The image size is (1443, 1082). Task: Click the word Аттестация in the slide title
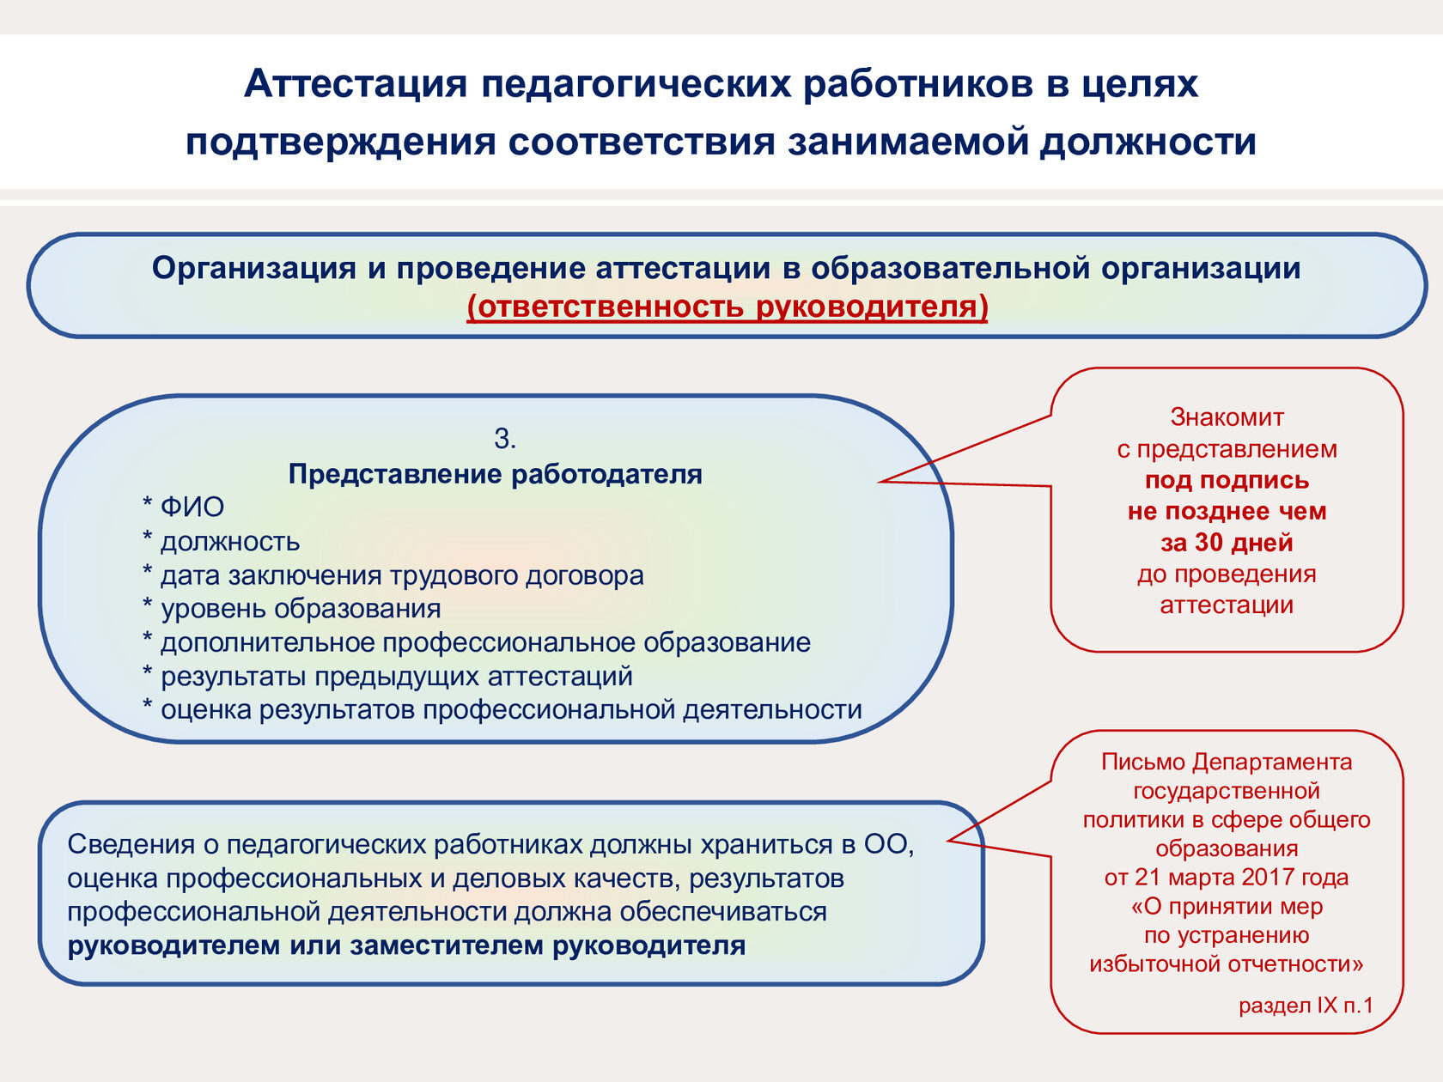tap(355, 84)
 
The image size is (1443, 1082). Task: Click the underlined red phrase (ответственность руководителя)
tap(728, 307)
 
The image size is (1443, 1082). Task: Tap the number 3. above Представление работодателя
tap(505, 439)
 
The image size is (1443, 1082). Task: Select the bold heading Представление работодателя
tap(495, 474)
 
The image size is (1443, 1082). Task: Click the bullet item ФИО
tap(192, 508)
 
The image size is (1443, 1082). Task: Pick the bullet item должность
tap(229, 542)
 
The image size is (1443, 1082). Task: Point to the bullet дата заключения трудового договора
tap(401, 575)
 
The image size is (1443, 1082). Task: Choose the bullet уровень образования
tap(301, 609)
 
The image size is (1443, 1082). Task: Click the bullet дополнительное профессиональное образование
tap(485, 642)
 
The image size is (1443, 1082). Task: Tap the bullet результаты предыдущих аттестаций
tap(396, 677)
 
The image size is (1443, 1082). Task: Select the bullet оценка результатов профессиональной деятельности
tap(511, 710)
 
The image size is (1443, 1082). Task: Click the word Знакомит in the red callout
tap(1227, 417)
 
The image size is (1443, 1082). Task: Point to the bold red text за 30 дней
tap(1227, 543)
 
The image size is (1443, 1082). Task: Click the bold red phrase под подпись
tap(1227, 480)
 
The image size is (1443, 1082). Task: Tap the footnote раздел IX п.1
tap(1306, 1006)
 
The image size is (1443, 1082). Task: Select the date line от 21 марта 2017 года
tap(1227, 878)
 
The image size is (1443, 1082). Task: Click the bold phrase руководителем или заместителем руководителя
tap(406, 945)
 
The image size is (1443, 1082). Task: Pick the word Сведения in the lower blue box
tap(131, 845)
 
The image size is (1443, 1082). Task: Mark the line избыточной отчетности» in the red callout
tap(1227, 964)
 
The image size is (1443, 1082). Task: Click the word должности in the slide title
tap(1148, 143)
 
